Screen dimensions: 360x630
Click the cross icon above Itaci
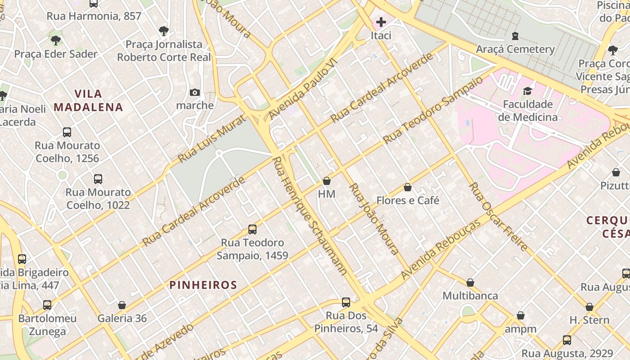(x=381, y=22)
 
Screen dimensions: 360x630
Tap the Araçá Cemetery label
(x=515, y=49)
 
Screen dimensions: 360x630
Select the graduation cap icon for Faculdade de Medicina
(x=527, y=91)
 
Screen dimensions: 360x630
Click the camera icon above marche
(x=195, y=92)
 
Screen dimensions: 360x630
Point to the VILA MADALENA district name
(x=88, y=100)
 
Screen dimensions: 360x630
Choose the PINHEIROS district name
(x=203, y=285)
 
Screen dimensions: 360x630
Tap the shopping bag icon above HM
(x=327, y=181)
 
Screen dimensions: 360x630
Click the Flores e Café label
(x=408, y=200)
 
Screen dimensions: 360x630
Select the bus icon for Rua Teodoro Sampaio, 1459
(x=252, y=229)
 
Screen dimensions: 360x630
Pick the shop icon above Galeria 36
(x=122, y=306)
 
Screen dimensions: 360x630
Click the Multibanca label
(x=470, y=296)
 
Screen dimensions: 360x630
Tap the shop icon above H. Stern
(x=589, y=307)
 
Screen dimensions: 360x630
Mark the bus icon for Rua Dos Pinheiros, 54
(x=346, y=302)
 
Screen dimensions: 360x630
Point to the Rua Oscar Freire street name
(x=498, y=216)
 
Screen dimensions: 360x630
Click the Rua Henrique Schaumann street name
(x=310, y=216)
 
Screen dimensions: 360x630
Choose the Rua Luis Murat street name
(x=212, y=139)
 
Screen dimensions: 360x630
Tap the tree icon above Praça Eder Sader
(x=56, y=40)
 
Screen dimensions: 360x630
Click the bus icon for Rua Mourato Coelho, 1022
(x=98, y=179)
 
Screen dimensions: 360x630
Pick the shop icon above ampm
(x=521, y=316)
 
